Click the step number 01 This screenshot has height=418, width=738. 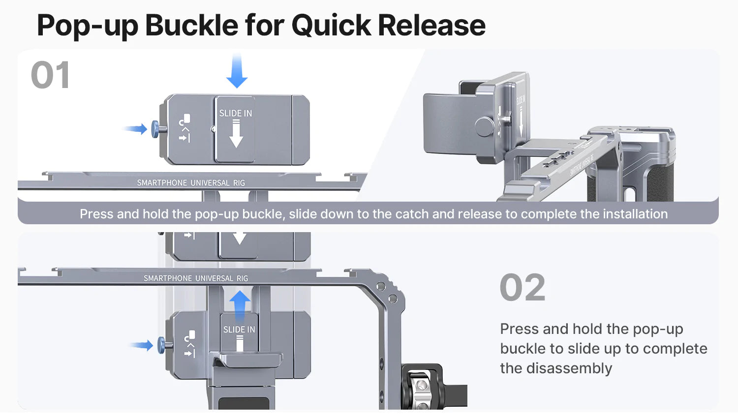tap(50, 76)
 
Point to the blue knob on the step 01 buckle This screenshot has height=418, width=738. tap(155, 129)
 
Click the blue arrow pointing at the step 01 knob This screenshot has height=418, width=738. tap(135, 129)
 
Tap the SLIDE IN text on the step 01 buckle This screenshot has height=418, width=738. tap(235, 114)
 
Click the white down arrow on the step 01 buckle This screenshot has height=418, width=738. tap(236, 135)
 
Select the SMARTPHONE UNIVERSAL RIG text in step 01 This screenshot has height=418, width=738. tap(191, 183)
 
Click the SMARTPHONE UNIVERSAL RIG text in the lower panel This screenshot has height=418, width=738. tap(196, 278)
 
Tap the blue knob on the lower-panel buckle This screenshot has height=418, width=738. tap(161, 345)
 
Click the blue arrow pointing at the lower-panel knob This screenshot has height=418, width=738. tap(142, 345)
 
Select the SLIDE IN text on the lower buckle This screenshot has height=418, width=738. tap(239, 329)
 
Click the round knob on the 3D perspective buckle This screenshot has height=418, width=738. tap(485, 126)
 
